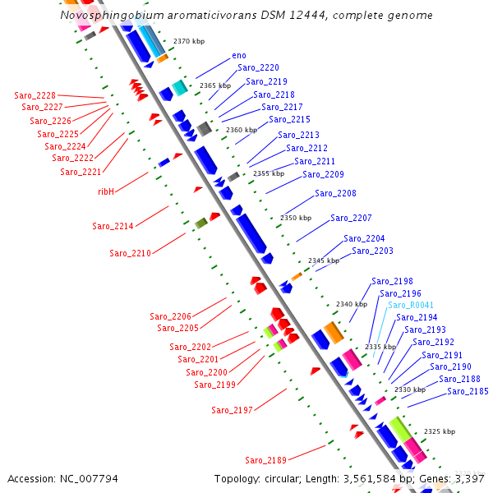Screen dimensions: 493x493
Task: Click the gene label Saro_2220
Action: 258,68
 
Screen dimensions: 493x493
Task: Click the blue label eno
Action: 239,55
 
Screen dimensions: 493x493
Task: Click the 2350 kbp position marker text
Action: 296,218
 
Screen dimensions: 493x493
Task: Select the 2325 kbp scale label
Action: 439,431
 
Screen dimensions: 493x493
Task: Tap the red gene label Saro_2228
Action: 35,95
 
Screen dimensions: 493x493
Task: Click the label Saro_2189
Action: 265,460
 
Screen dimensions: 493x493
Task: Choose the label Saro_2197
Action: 232,410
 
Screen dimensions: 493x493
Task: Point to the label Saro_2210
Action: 130,253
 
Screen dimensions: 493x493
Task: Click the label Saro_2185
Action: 468,391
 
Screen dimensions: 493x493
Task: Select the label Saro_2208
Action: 335,194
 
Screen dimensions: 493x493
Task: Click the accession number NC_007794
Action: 85,478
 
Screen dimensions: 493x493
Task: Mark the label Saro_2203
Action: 372,251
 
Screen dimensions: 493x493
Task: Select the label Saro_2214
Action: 113,226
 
